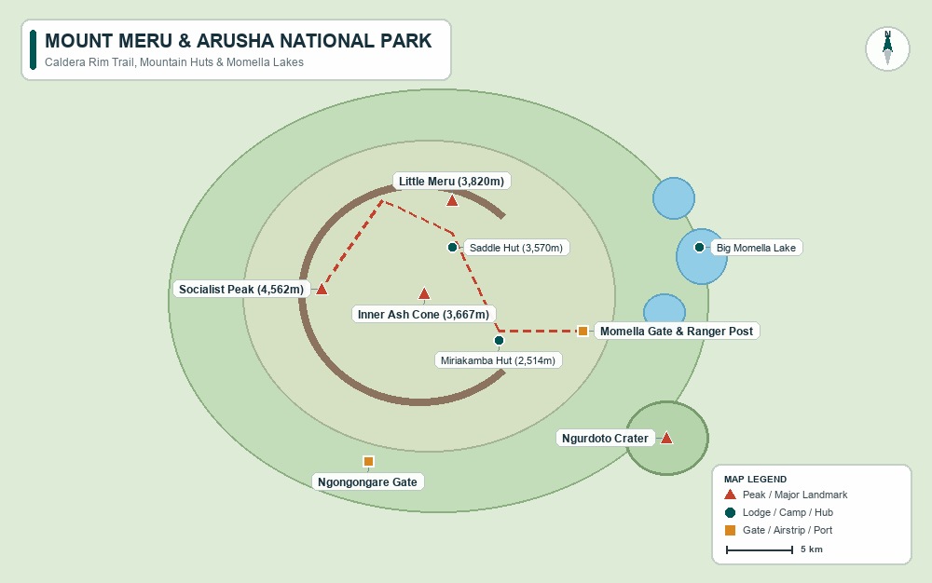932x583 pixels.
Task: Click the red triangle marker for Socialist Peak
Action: click(322, 289)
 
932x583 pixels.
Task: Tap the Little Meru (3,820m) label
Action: click(452, 181)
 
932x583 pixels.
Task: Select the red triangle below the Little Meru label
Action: click(452, 200)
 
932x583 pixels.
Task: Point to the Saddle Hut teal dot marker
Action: click(452, 247)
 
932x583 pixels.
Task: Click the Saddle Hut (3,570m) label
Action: click(516, 248)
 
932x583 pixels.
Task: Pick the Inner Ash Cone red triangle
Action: click(424, 293)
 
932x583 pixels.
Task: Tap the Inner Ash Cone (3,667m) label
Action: click(423, 315)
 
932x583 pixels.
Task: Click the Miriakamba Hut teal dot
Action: click(499, 340)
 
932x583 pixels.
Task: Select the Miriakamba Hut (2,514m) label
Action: click(498, 360)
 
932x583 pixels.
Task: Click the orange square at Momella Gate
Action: click(583, 332)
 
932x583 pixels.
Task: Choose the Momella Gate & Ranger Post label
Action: click(677, 332)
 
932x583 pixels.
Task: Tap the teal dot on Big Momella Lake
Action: click(699, 247)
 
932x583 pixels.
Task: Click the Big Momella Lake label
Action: click(756, 248)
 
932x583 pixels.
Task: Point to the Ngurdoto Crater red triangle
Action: click(666, 438)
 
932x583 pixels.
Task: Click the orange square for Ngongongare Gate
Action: click(368, 461)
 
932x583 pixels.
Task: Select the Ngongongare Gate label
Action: click(367, 482)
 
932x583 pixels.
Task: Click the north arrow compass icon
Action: click(887, 48)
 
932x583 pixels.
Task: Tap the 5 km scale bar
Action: click(760, 550)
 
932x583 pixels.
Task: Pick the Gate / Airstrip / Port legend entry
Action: click(778, 530)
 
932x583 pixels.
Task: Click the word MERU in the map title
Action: click(145, 41)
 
